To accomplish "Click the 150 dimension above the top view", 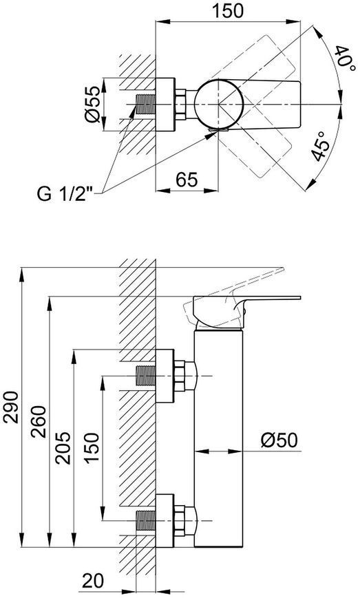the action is pos(228,11).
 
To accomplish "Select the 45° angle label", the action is pos(319,147).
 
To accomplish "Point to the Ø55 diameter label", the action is pos(93,104).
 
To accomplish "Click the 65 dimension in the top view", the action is pos(187,179).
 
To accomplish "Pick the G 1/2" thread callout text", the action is pos(65,194).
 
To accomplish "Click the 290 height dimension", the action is pos(12,407).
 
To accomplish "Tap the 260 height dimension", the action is pos(39,422).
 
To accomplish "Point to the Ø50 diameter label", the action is pos(279,440).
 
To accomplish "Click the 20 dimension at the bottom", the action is pos(93,581).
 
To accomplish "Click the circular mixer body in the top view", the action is pos(218,104).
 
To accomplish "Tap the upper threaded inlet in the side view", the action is pos(146,376).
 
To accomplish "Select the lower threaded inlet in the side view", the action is pos(146,521).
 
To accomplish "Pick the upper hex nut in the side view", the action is pos(180,376).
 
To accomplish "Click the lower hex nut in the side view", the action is pos(180,521).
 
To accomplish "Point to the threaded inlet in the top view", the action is pos(146,104).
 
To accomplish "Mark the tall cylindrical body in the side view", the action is pos(218,438).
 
